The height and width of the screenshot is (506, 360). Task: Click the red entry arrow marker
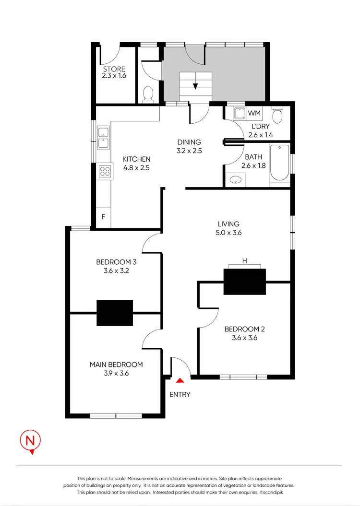[180, 380]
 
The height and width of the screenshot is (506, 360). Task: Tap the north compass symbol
[30, 441]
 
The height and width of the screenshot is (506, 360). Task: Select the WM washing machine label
[254, 114]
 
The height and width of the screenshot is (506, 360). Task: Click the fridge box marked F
[103, 217]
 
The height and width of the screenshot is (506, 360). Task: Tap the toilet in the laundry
[277, 115]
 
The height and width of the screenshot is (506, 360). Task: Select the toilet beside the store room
[148, 93]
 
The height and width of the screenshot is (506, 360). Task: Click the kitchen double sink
[103, 138]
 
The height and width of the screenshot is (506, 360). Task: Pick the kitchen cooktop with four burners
[105, 171]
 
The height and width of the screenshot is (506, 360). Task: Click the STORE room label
[113, 69]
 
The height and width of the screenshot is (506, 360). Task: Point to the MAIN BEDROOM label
[116, 365]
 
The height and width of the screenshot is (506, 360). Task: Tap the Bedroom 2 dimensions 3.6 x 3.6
[245, 337]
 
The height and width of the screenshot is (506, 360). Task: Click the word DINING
[189, 142]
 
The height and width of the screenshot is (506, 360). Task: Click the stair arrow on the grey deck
[195, 86]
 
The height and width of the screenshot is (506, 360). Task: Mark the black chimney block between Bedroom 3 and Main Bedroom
[115, 313]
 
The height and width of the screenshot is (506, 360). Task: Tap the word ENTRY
[180, 394]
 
